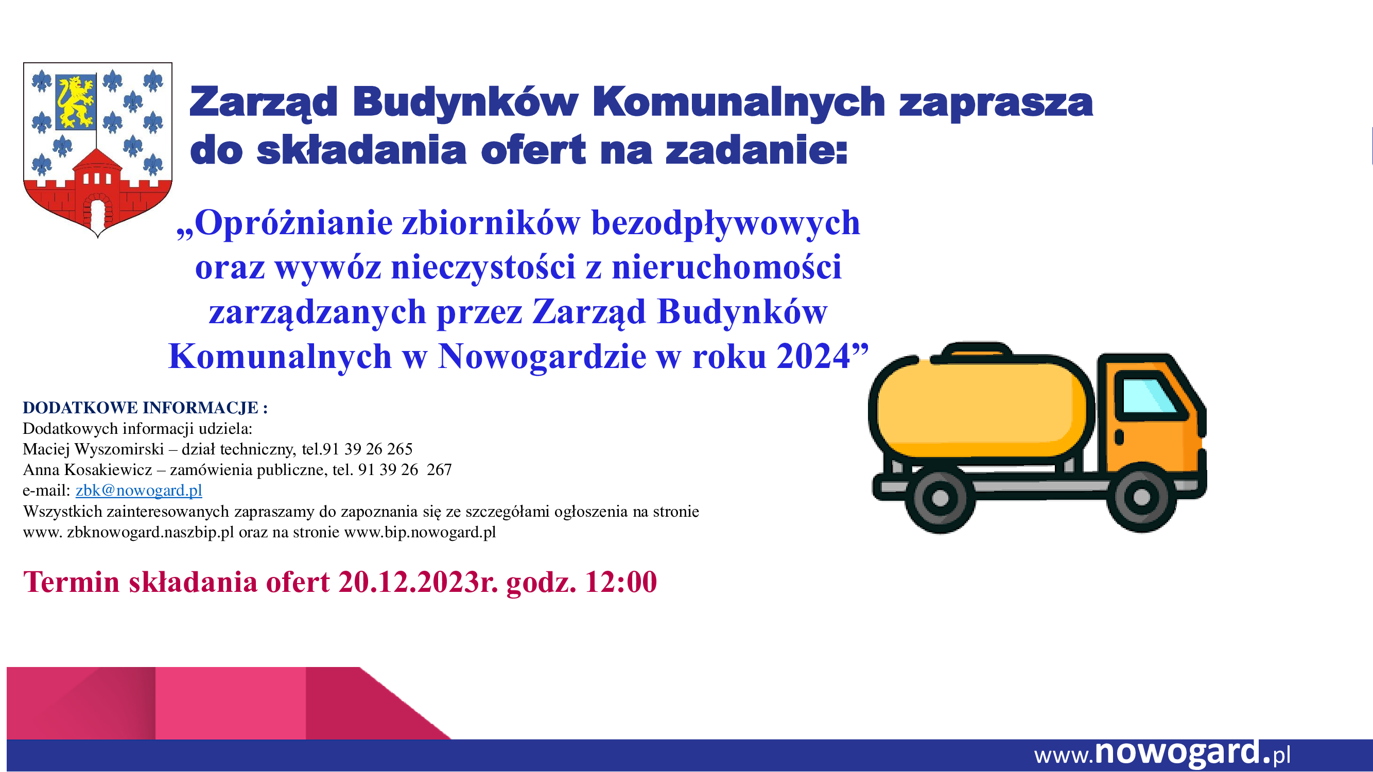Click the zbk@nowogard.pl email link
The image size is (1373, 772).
coord(138,490)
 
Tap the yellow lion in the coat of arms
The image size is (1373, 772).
coord(75,102)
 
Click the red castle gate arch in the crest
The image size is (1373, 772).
coord(97,210)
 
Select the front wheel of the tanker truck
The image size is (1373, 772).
coord(1141,497)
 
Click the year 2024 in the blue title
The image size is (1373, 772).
coord(813,356)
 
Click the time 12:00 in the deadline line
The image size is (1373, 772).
coord(621,581)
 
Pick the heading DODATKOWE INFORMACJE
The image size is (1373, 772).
coord(141,408)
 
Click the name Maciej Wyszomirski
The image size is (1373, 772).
coord(93,449)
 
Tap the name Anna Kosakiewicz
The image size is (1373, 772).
coord(88,469)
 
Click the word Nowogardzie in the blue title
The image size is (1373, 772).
coord(542,357)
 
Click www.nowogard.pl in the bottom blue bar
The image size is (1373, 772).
coord(1162,753)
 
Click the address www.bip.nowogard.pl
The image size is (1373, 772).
coord(420,532)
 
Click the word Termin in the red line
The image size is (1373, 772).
coord(72,581)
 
